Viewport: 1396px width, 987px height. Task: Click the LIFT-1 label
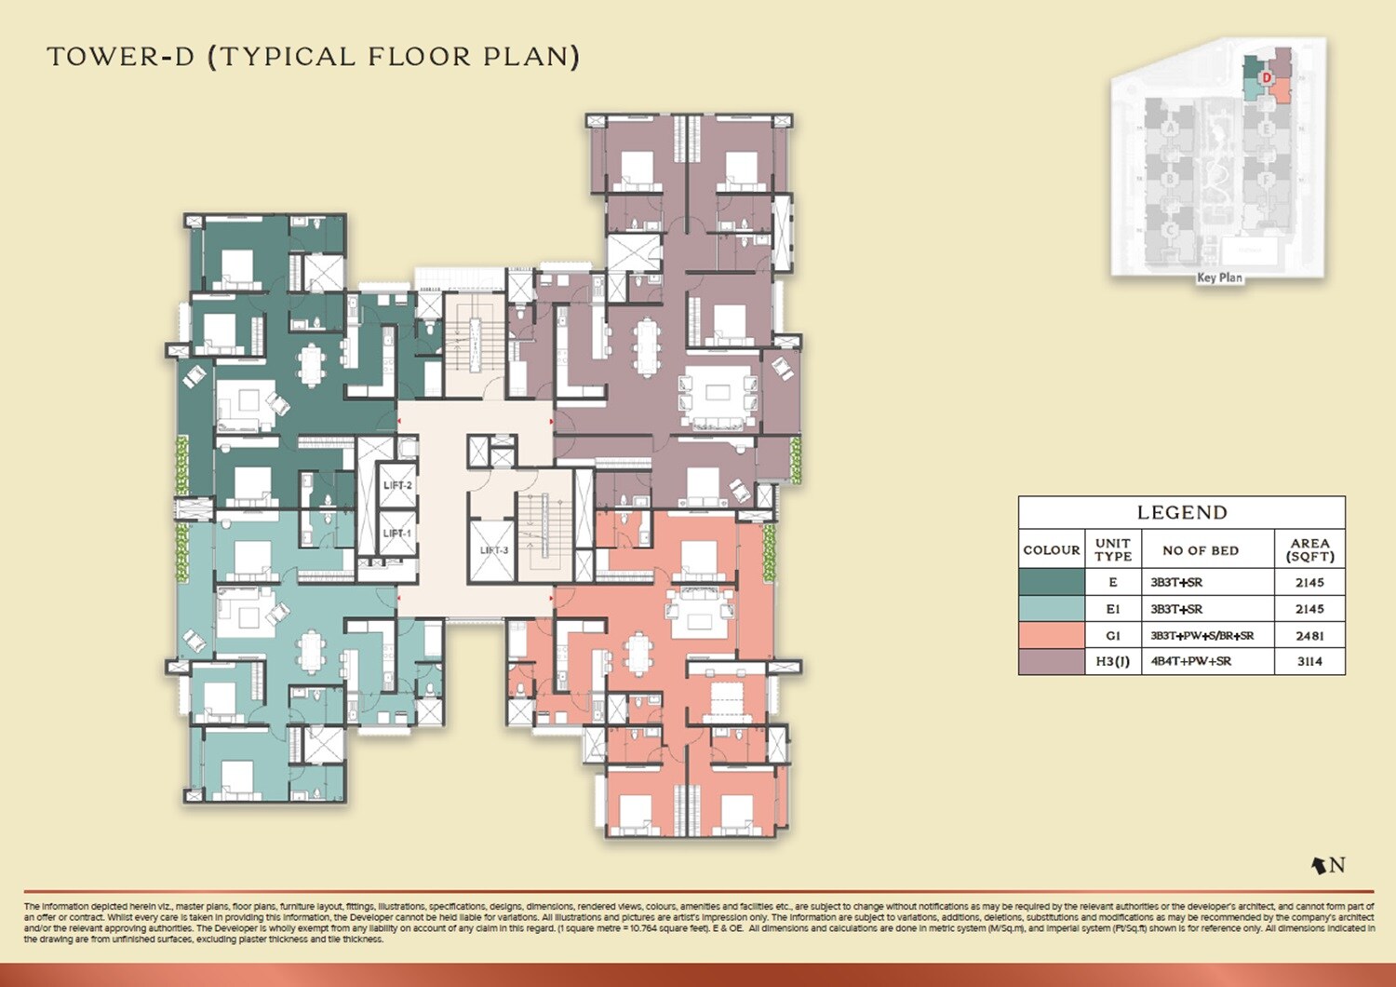point(397,533)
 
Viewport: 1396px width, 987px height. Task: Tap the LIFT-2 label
point(397,485)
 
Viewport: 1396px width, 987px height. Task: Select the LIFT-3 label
point(493,550)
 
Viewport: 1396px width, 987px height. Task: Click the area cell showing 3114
point(1309,661)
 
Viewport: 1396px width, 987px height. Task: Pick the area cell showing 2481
point(1309,635)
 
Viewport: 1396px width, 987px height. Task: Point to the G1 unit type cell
point(1113,635)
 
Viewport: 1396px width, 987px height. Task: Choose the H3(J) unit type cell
point(1113,661)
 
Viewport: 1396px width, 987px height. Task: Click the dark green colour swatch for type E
point(1052,582)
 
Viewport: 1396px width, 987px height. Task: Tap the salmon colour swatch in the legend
point(1052,635)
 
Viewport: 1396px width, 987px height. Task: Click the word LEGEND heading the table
point(1182,512)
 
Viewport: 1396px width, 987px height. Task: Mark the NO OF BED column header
point(1201,550)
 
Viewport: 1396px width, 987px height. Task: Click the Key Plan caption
point(1219,277)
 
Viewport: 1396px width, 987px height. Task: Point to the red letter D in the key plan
point(1267,77)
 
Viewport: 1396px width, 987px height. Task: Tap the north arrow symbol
point(1319,865)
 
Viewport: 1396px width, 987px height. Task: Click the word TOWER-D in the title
point(121,57)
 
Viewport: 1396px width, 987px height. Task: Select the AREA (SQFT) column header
point(1309,549)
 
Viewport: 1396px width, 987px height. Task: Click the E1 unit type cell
point(1113,609)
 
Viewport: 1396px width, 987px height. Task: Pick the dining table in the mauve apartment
point(646,345)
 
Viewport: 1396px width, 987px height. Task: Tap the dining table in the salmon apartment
point(638,654)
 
